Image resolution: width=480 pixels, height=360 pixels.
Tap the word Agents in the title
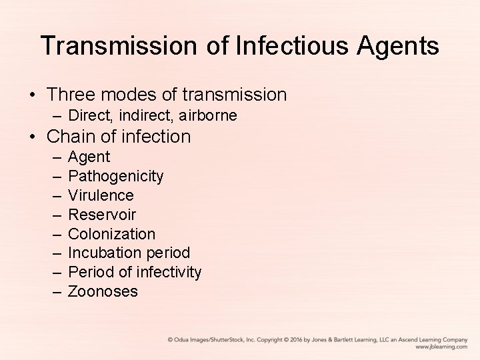399,46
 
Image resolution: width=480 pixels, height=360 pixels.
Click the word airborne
208,115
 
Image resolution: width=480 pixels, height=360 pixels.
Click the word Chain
72,137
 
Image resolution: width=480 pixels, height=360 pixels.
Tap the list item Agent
89,157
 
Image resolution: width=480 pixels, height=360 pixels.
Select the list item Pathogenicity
116,177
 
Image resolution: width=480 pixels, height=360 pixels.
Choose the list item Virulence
101,196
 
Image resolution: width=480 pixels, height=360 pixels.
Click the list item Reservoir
102,215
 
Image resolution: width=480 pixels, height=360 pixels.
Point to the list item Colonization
111,234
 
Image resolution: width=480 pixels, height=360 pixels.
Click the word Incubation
100,253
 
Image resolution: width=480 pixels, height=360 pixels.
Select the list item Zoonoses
103,291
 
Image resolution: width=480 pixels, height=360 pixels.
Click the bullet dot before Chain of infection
33,137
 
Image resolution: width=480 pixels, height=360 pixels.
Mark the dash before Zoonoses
55,291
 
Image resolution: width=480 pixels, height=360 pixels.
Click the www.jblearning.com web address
441,347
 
